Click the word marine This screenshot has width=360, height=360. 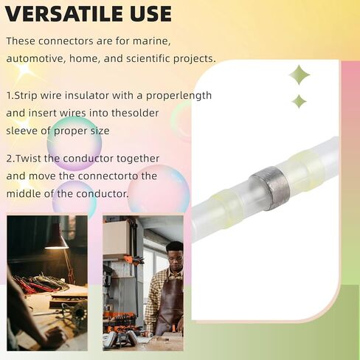click(151, 41)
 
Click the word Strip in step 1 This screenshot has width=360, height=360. click(26, 95)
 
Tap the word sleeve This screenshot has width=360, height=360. click(21, 131)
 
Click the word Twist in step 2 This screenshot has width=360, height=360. click(28, 159)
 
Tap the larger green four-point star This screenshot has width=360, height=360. click(300, 75)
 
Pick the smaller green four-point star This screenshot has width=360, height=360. click(299, 101)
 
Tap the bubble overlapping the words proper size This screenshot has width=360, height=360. click(75, 143)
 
